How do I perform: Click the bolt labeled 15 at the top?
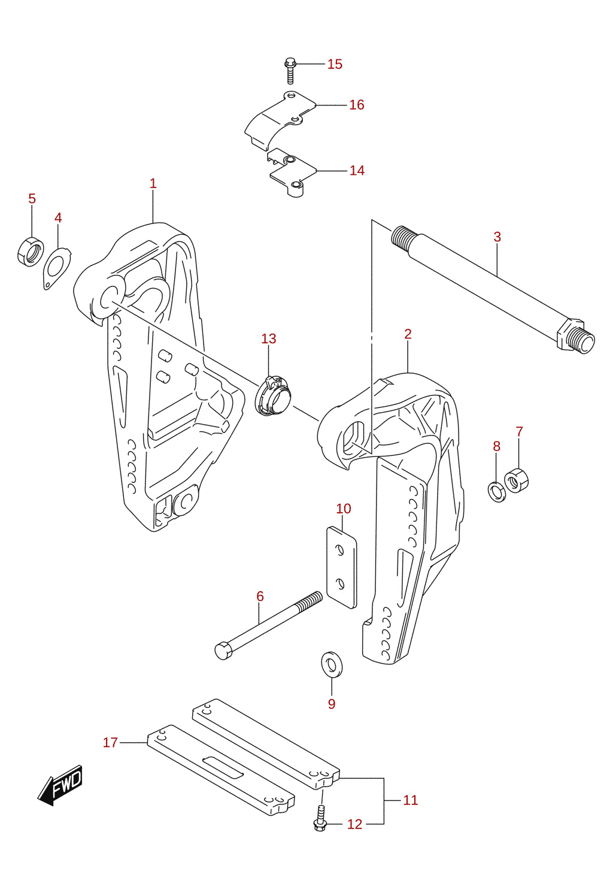coord(290,71)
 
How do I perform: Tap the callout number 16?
coord(356,105)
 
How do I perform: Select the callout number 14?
coord(357,170)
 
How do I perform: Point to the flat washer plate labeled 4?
coord(57,269)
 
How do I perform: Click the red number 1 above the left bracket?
coord(153,183)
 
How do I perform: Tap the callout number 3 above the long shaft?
coord(497,237)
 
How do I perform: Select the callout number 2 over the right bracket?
coord(408,334)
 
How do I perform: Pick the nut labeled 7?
coord(516,480)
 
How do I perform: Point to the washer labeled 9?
coord(332,664)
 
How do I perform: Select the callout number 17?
coord(110,742)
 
